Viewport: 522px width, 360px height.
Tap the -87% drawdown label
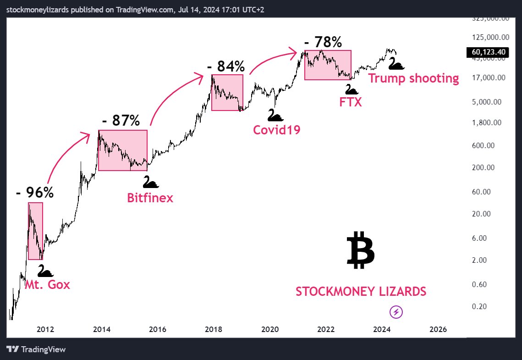[x=121, y=121]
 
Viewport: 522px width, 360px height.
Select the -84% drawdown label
[x=225, y=66]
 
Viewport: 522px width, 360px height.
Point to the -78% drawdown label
[x=323, y=42]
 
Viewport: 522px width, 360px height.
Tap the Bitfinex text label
[x=150, y=198]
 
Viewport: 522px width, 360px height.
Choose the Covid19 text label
[x=277, y=130]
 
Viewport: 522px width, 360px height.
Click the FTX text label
[x=351, y=102]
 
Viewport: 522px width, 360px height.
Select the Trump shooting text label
[x=413, y=78]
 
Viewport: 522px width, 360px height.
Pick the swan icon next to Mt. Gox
[x=45, y=271]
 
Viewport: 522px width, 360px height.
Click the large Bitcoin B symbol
[x=361, y=250]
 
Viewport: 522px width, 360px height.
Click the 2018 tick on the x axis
[x=214, y=329]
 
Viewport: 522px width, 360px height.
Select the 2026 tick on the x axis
[x=439, y=329]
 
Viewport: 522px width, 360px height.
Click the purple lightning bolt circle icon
[x=396, y=312]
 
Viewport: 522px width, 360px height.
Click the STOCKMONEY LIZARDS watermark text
[x=361, y=292]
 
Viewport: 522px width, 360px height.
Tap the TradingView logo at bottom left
[x=37, y=349]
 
